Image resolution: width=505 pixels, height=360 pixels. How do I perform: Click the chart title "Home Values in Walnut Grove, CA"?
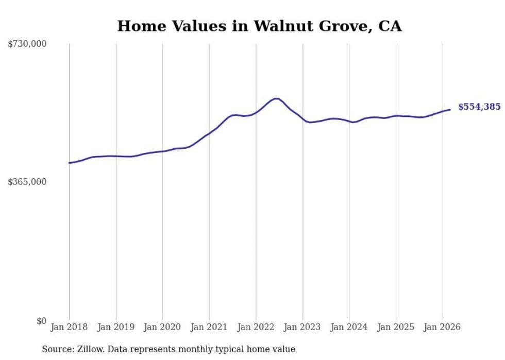(x=259, y=26)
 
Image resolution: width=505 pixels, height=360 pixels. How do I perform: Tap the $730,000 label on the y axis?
(x=27, y=44)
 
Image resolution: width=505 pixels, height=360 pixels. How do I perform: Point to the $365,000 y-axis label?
(x=27, y=182)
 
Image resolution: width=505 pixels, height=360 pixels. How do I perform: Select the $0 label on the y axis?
(x=41, y=321)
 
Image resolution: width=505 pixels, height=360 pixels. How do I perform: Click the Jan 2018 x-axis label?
(x=69, y=327)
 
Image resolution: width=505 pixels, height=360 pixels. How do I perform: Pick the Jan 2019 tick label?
(x=116, y=327)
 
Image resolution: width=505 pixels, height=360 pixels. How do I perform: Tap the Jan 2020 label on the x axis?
(x=162, y=327)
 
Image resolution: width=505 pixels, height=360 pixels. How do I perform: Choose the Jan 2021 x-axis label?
(x=209, y=327)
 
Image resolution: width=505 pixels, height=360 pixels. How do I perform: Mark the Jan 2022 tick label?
(x=256, y=327)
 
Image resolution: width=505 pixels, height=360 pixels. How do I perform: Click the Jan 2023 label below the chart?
(x=302, y=327)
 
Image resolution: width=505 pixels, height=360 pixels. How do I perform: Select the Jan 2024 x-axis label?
(x=349, y=327)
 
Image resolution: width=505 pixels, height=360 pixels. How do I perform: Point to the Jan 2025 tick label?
(x=396, y=327)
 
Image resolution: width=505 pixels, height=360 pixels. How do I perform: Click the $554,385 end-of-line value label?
(x=479, y=107)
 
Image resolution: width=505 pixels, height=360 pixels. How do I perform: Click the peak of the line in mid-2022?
(x=276, y=98)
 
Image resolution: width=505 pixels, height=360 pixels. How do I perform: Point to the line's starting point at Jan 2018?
(x=69, y=163)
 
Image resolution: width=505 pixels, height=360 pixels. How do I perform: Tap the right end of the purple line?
(x=450, y=110)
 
